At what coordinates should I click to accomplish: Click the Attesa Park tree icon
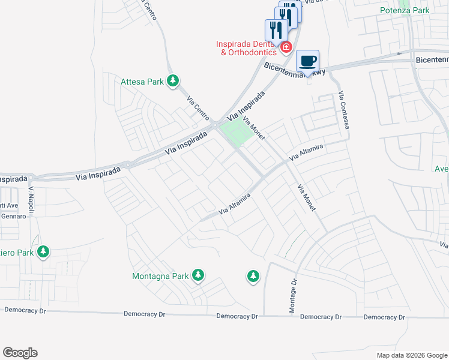(x=173, y=80)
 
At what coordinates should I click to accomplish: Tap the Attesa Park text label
(x=143, y=81)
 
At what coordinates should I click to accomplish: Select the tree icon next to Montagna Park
(x=198, y=276)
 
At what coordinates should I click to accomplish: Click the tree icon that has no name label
(x=253, y=276)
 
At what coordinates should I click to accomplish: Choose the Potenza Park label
(x=404, y=10)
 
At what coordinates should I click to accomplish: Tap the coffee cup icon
(x=307, y=61)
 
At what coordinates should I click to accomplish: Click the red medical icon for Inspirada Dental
(x=286, y=47)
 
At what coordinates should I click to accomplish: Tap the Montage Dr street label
(x=294, y=295)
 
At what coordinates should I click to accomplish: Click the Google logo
(x=20, y=353)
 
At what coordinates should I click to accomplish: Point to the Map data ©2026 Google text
(x=411, y=355)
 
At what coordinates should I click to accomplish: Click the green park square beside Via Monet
(x=234, y=132)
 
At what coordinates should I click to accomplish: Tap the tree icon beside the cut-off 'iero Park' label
(x=43, y=252)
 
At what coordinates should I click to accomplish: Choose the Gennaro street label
(x=13, y=216)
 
